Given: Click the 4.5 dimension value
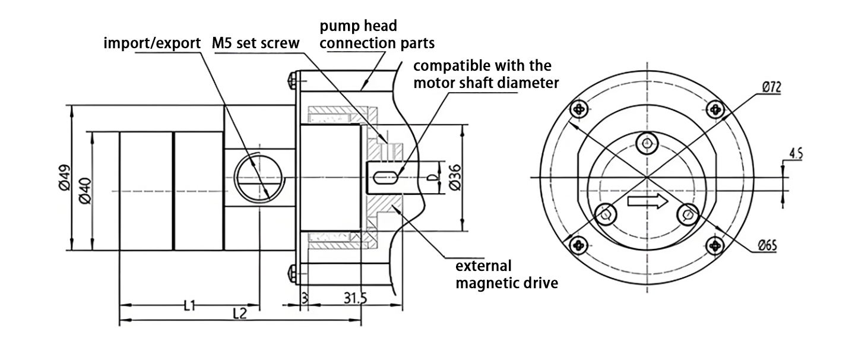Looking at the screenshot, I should click(796, 155).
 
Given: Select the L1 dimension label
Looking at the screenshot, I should click(190, 305).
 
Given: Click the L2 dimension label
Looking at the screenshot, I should click(239, 313).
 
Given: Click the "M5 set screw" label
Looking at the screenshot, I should click(255, 43).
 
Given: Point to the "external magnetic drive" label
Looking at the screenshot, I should click(506, 274).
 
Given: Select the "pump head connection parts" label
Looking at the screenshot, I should click(377, 34).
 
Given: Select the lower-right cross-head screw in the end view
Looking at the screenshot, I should click(715, 244).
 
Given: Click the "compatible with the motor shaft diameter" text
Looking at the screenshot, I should click(486, 74).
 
